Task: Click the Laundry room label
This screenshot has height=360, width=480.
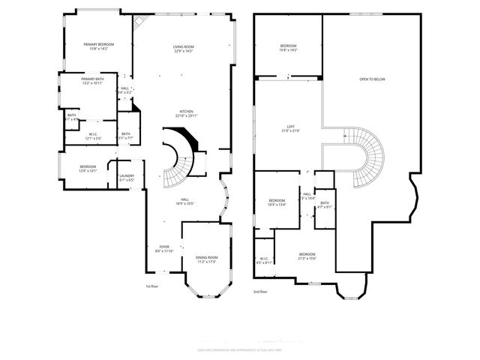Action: coord(126,178)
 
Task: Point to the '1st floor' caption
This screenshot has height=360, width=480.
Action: coord(152,286)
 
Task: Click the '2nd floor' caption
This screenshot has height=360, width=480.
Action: coord(260,291)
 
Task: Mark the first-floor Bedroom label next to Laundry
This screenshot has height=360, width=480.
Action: coord(88,169)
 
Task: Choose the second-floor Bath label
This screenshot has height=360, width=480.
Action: coord(325,205)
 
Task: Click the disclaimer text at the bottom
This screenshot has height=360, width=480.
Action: coord(240,349)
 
